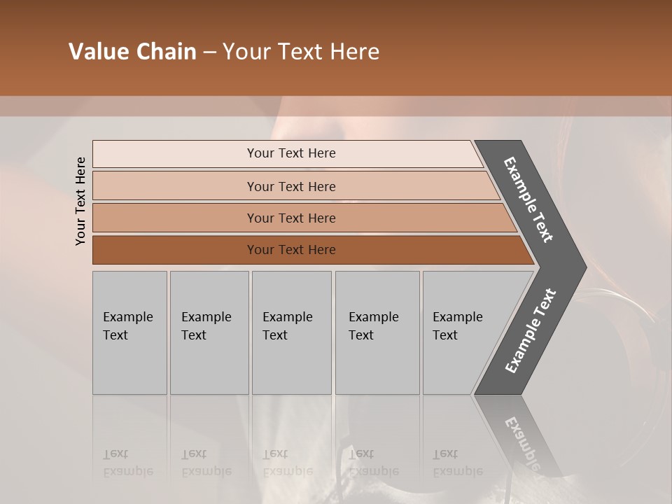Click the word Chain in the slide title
click(166, 52)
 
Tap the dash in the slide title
click(209, 52)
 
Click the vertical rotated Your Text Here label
click(80, 201)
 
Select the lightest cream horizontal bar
click(175, 153)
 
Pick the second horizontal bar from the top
click(175, 186)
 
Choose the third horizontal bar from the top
click(175, 218)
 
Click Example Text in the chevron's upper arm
click(528, 199)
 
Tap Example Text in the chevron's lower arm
click(530, 331)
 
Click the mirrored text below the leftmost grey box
click(127, 463)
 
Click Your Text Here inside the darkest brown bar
click(291, 250)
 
